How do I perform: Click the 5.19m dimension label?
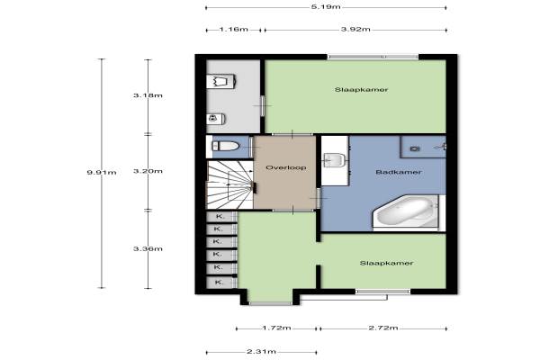click(x=326, y=6)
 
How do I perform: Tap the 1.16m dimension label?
click(x=233, y=30)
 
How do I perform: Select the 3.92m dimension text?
click(x=355, y=30)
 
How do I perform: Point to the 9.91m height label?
click(x=102, y=172)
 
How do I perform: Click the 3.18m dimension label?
click(x=148, y=95)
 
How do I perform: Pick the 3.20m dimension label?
click(x=148, y=171)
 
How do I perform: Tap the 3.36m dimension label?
click(x=148, y=248)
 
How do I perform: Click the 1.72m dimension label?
click(x=276, y=328)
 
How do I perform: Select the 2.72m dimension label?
click(x=383, y=328)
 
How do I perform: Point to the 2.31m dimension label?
click(x=261, y=352)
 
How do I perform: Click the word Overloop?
click(x=286, y=167)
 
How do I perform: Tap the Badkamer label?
click(x=399, y=172)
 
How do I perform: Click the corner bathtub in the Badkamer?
click(x=406, y=211)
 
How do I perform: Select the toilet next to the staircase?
click(x=226, y=147)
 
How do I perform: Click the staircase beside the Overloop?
click(x=229, y=184)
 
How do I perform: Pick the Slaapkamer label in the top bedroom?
click(x=361, y=90)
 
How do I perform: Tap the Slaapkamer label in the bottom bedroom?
click(x=386, y=263)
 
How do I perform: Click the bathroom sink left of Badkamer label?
click(x=334, y=160)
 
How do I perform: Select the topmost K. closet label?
click(x=220, y=217)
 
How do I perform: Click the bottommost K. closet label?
click(x=219, y=283)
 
